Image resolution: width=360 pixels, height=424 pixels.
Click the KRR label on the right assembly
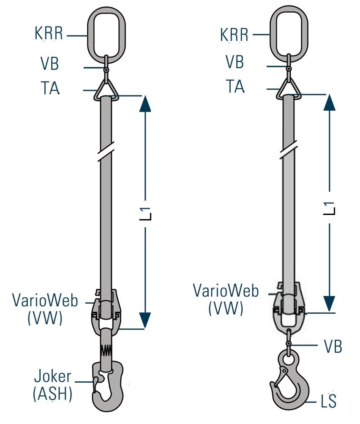pyautogui.click(x=234, y=34)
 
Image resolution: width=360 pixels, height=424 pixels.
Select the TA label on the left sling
pyautogui.click(x=50, y=89)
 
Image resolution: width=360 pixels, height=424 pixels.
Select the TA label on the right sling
pyautogui.click(x=235, y=87)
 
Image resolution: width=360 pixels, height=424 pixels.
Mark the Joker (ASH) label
pyautogui.click(x=52, y=384)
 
